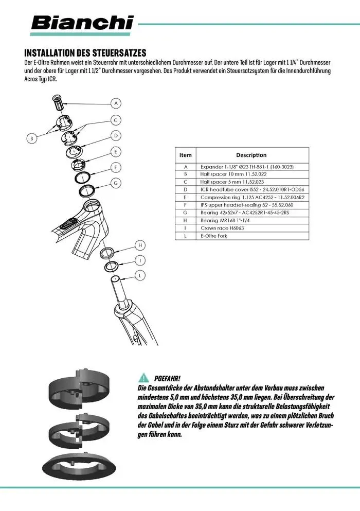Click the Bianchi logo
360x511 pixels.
(82, 23)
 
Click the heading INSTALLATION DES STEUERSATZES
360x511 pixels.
(85, 53)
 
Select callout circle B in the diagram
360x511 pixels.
(32, 138)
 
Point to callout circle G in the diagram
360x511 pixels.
(116, 183)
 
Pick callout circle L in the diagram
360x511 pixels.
(140, 276)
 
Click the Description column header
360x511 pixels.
(251, 155)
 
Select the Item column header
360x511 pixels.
(186, 155)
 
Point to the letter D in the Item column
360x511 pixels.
(186, 190)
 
